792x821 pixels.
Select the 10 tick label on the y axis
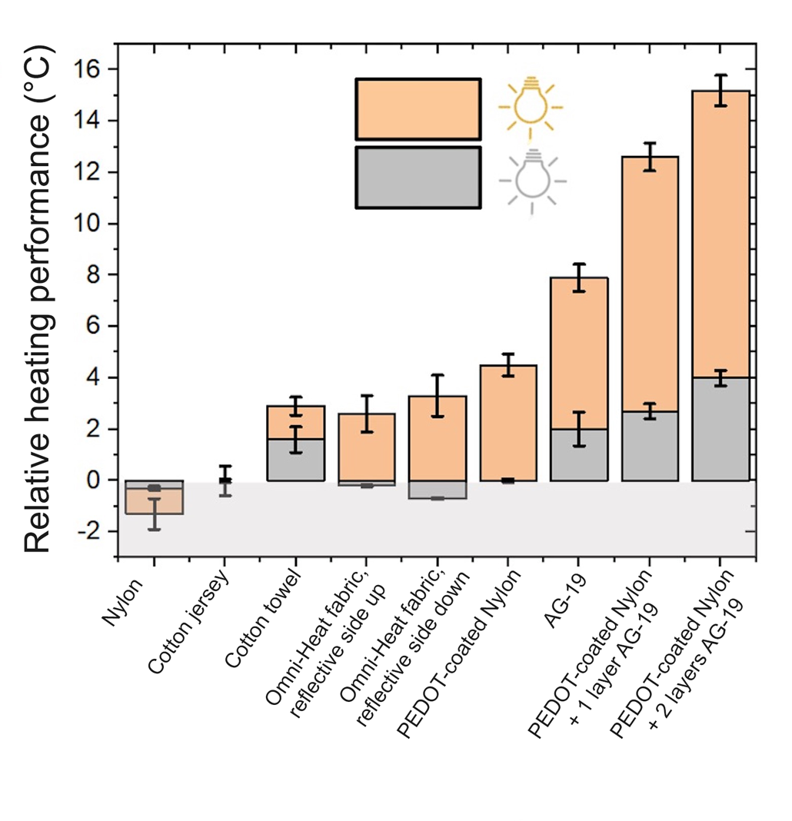click(91, 224)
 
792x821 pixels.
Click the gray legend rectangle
click(418, 178)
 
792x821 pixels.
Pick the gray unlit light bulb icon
click(532, 178)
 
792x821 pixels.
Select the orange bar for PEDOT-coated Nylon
click(508, 423)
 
